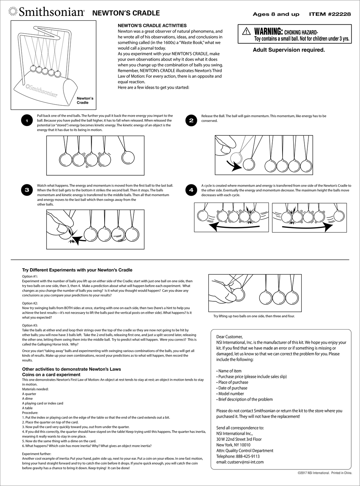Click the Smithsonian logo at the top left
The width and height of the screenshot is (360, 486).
46,12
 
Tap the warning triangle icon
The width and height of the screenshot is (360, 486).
247,31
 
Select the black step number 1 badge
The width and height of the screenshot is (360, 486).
27,121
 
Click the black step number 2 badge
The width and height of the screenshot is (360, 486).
191,121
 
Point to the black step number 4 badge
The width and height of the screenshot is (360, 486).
191,190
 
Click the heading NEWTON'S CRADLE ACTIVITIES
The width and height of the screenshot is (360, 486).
152,26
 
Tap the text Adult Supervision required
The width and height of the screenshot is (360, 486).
288,50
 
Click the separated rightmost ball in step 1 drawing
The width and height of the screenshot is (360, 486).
128,157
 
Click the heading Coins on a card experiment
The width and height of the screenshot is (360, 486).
51,374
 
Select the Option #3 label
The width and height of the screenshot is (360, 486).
30,325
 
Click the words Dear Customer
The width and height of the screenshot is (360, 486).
229,337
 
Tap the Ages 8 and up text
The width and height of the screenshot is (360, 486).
276,14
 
